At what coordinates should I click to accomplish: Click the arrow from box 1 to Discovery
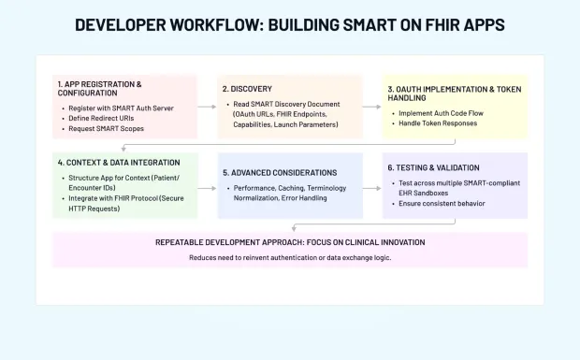(x=207, y=107)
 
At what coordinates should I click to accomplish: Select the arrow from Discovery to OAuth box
(x=372, y=107)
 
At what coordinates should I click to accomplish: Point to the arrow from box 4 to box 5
(x=207, y=186)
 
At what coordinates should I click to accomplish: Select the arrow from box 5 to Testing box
(x=372, y=186)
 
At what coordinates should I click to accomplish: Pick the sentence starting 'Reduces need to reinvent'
(x=290, y=257)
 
